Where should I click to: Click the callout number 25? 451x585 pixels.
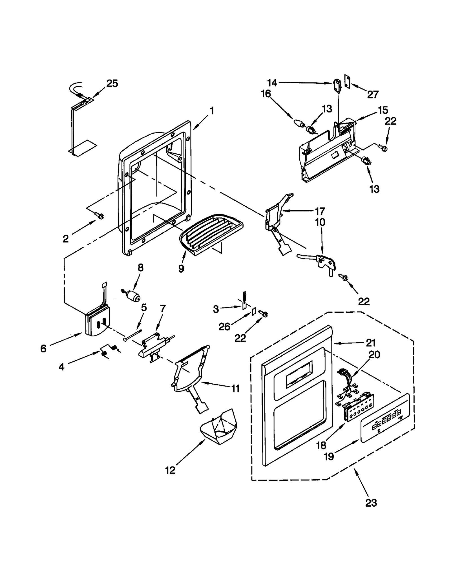(x=112, y=83)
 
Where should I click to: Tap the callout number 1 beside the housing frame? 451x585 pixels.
(x=212, y=111)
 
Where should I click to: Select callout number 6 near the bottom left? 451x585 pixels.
(x=43, y=349)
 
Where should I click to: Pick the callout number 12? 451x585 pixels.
(x=170, y=470)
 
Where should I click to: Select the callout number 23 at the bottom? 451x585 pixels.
(x=371, y=503)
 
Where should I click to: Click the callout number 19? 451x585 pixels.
(x=329, y=456)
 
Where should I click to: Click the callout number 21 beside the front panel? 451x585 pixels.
(x=371, y=343)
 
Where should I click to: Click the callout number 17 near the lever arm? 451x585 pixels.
(x=320, y=211)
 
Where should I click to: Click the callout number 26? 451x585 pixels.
(x=225, y=326)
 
